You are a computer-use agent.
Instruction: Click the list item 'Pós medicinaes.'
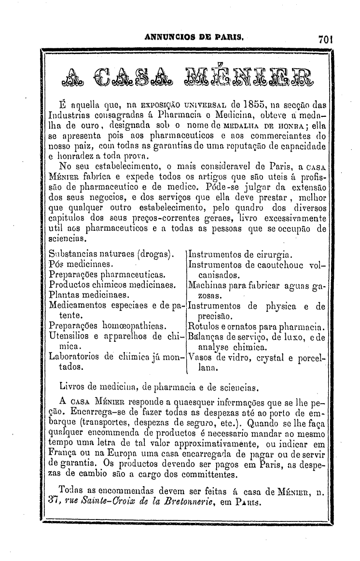pos(81,265)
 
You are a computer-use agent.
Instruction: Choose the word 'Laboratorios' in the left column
pos(75,357)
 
